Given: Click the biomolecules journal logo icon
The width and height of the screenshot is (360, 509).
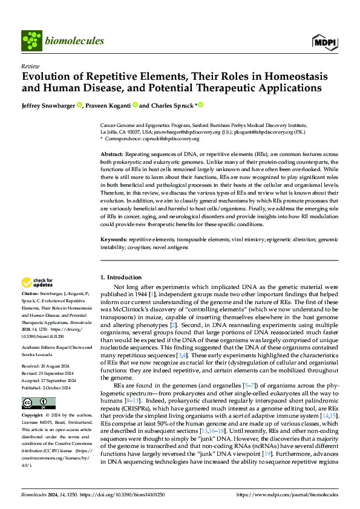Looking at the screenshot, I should [30, 41].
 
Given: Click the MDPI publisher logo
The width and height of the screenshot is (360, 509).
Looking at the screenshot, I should [324, 41].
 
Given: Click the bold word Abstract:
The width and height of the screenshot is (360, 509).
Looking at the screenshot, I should [112, 155].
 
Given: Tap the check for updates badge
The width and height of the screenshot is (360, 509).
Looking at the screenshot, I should [38, 282].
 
